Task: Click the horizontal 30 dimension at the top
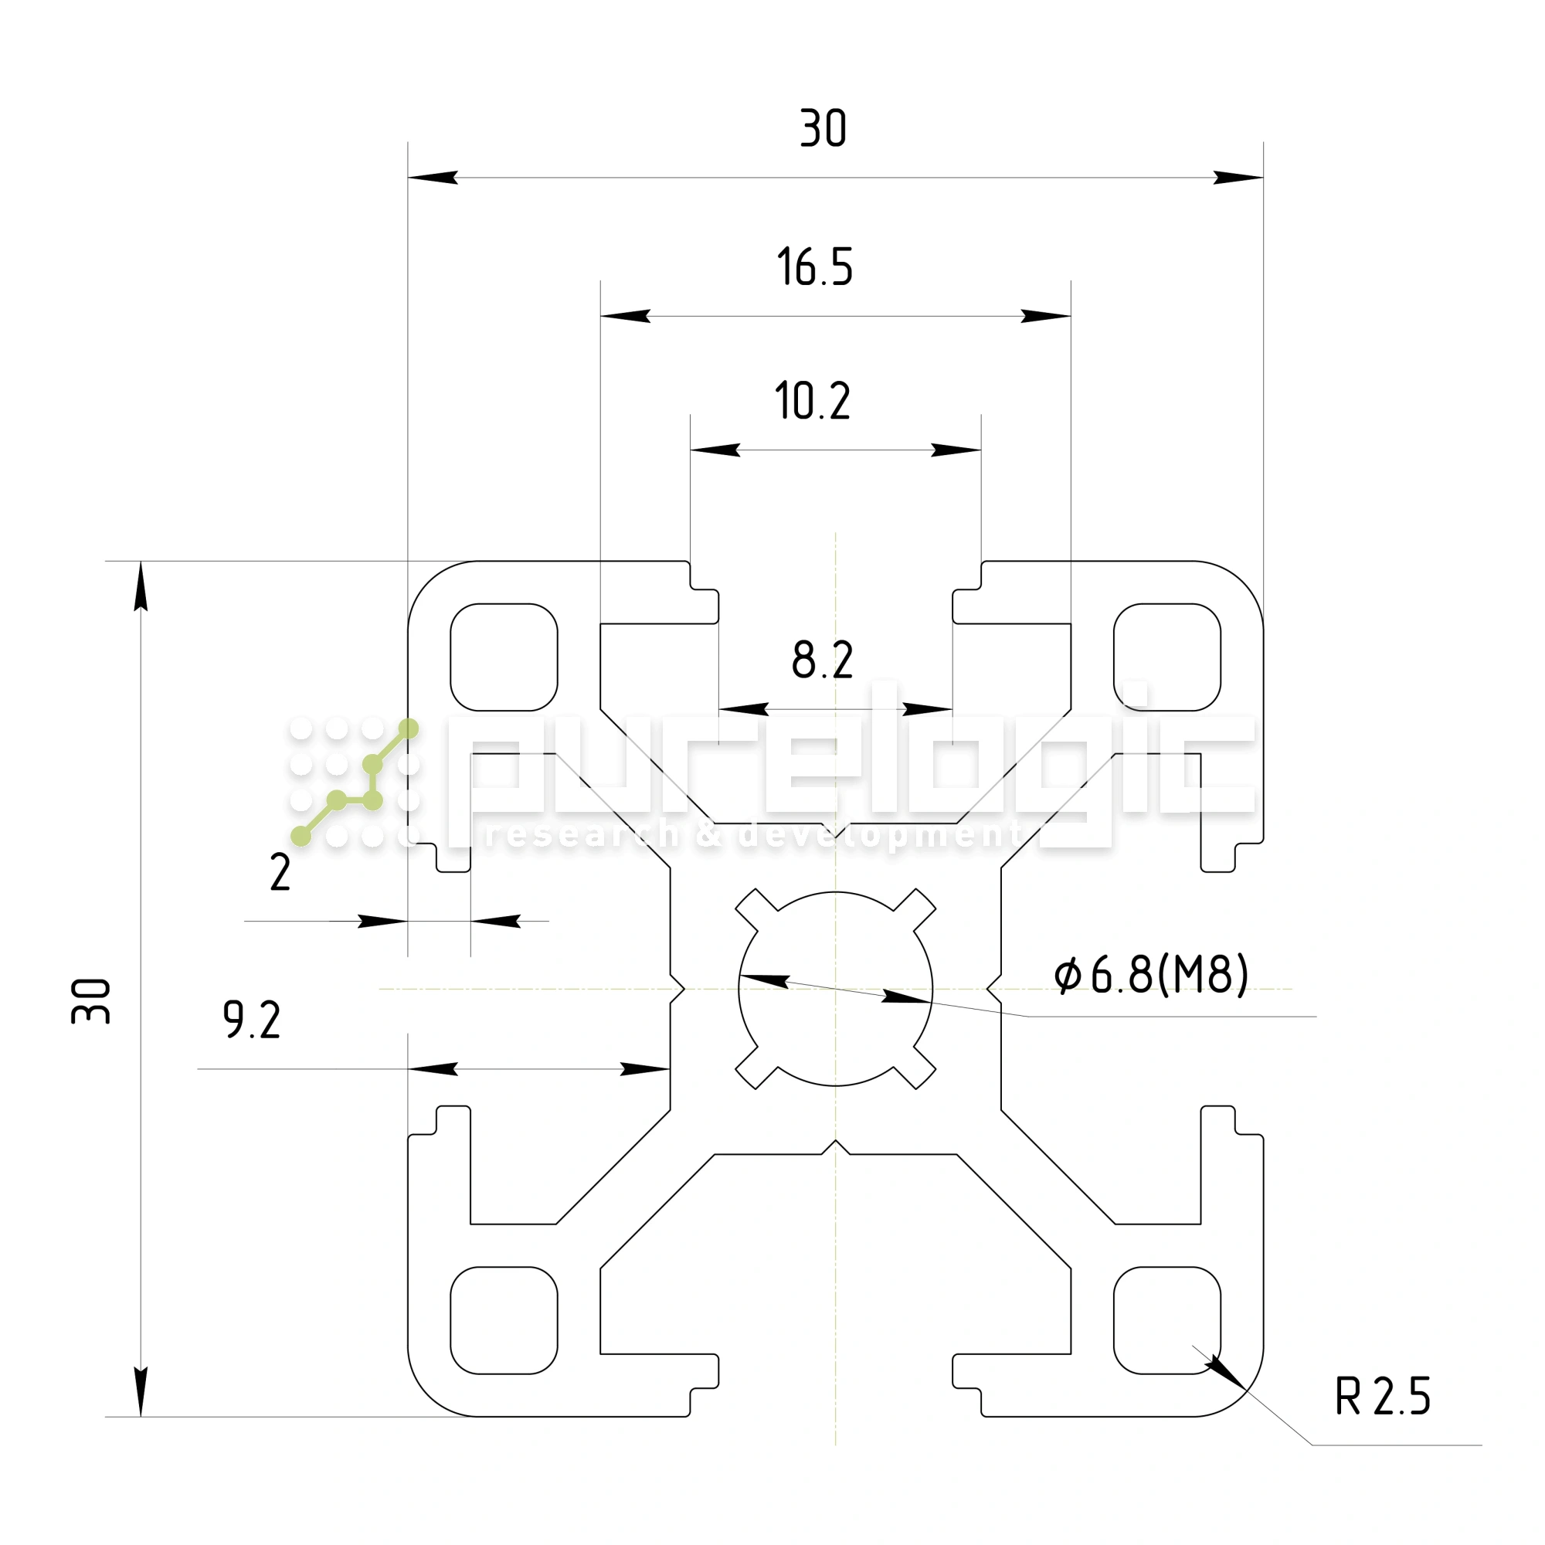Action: click(823, 129)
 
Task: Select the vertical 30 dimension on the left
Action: click(91, 1000)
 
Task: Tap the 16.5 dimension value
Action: click(815, 267)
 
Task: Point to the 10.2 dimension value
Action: click(813, 401)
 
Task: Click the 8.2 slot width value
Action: click(822, 660)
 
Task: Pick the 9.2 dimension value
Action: click(252, 1020)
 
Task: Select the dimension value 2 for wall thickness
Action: click(280, 872)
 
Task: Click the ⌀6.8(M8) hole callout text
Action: click(1151, 975)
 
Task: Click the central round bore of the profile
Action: click(835, 989)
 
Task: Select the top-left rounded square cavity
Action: click(504, 657)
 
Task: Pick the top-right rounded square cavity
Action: click(1166, 657)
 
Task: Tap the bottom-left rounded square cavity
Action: click(504, 1320)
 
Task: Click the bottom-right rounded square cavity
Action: click(1166, 1320)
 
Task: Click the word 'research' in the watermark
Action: click(582, 835)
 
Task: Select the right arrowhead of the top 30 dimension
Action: click(1238, 178)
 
